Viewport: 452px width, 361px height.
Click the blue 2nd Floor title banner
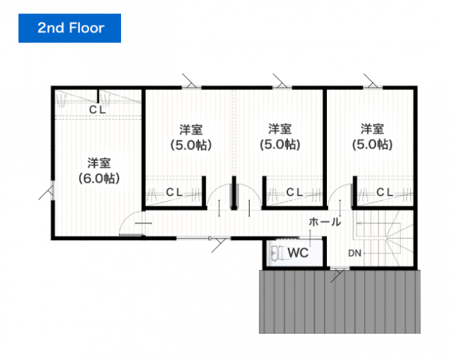click(70, 28)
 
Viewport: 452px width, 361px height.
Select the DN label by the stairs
click(355, 252)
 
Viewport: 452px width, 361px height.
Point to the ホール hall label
click(325, 223)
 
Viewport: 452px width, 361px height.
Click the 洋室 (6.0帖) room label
click(99, 170)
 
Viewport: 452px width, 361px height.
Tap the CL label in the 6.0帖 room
click(97, 110)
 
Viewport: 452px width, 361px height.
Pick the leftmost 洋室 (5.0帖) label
click(191, 137)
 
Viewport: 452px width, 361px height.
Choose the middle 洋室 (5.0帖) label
click(280, 137)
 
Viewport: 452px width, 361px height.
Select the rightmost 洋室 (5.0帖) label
click(372, 137)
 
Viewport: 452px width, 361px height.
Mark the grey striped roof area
click(341, 303)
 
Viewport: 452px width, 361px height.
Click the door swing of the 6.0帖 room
click(132, 224)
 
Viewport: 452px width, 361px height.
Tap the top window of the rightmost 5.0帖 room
click(371, 86)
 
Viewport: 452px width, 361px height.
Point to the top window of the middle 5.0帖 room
click(281, 86)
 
